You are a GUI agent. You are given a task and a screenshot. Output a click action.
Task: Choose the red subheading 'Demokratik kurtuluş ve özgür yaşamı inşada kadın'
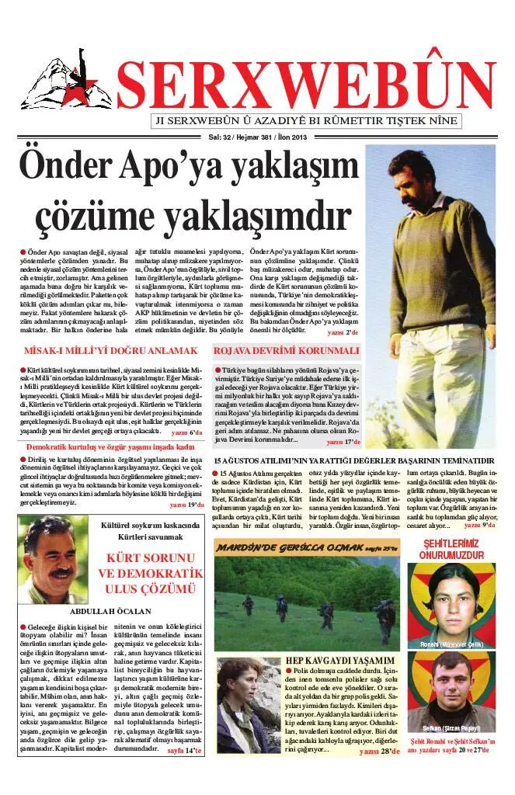pyautogui.click(x=110, y=448)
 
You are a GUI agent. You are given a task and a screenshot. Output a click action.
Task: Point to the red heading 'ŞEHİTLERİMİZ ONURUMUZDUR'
pyautogui.click(x=451, y=550)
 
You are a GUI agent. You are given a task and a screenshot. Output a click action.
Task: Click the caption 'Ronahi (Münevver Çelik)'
pyautogui.click(x=451, y=644)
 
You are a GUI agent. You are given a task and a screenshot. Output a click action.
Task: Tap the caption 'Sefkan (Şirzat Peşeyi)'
pyautogui.click(x=452, y=728)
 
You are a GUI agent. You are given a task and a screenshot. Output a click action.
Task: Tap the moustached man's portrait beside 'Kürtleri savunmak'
pyautogui.click(x=53, y=559)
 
